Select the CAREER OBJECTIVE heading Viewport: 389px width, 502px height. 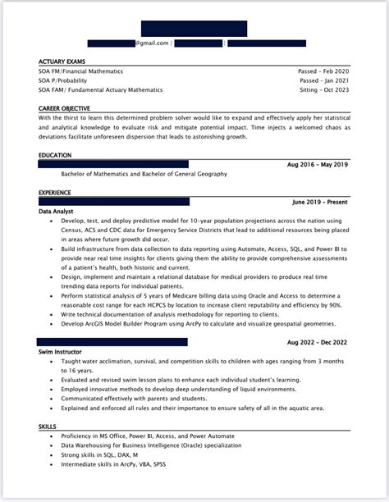tap(64, 108)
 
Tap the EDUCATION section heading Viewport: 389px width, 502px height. tap(55, 155)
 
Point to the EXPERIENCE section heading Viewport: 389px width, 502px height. tap(56, 193)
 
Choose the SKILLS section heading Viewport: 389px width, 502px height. tap(48, 427)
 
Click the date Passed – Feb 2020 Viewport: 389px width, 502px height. tap(323, 71)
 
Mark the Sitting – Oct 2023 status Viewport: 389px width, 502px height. tap(323, 89)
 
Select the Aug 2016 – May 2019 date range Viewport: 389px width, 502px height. tap(318, 165)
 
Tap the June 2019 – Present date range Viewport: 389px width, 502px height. tap(320, 202)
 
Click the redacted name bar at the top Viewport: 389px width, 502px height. tap(194, 29)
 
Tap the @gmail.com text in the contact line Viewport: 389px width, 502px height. tap(153, 43)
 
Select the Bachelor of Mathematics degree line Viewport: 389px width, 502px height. tap(144, 174)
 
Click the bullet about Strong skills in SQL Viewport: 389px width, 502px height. tap(95, 454)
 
